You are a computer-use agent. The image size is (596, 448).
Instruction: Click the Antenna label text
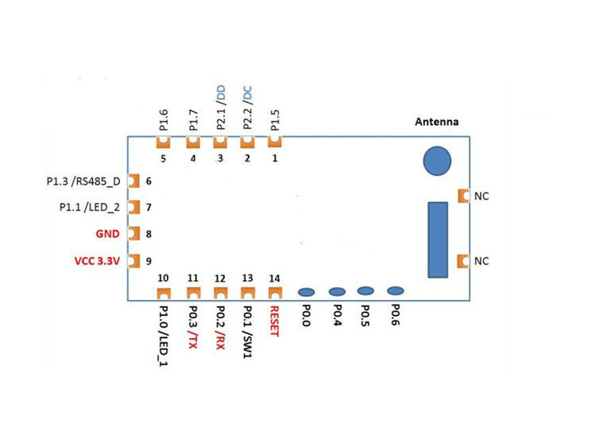pyautogui.click(x=437, y=122)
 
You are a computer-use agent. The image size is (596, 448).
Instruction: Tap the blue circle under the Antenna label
pyautogui.click(x=437, y=161)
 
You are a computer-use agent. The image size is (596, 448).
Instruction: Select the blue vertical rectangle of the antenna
pyautogui.click(x=437, y=240)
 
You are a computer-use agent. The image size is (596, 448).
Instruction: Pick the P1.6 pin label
pyautogui.click(x=163, y=119)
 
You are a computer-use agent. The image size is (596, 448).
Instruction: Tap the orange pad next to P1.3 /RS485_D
pyautogui.click(x=134, y=181)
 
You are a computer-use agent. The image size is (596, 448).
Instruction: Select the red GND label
pyautogui.click(x=106, y=234)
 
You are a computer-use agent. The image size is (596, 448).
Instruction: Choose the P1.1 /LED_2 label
pyautogui.click(x=90, y=207)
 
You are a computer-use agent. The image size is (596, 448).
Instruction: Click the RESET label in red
pyautogui.click(x=275, y=321)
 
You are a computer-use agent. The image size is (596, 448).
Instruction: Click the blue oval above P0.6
pyautogui.click(x=395, y=291)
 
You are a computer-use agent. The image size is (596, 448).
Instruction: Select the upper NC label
pyautogui.click(x=482, y=196)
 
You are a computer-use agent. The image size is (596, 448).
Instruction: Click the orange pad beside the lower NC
pyautogui.click(x=463, y=260)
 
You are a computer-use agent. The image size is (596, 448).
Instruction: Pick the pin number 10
pyautogui.click(x=163, y=278)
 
